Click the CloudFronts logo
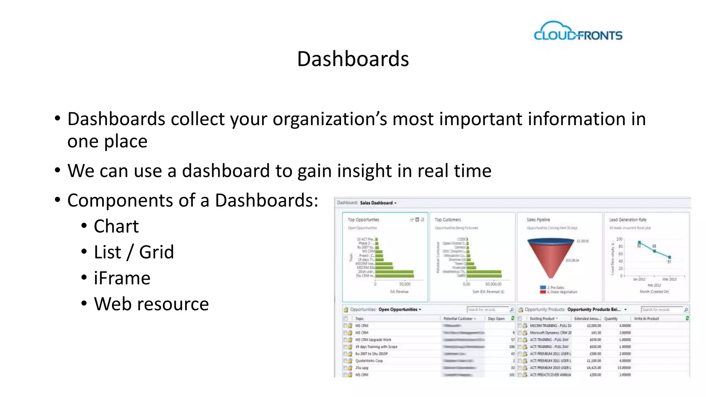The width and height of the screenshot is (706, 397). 578,32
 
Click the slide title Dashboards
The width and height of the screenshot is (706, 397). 353,59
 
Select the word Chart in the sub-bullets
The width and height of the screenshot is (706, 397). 116,226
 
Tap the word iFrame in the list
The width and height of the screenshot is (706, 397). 122,278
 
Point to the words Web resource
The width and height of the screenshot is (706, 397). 151,304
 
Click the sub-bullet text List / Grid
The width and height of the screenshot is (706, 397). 134,252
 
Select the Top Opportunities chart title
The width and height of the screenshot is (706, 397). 363,220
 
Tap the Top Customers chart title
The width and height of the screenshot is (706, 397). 447,220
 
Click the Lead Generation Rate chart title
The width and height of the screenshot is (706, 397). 627,220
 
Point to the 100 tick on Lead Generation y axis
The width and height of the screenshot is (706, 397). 619,239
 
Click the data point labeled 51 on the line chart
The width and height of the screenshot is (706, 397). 669,257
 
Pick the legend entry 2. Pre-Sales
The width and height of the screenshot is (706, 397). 555,287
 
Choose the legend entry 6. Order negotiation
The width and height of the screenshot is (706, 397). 562,292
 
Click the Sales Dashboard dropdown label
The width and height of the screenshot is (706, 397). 378,203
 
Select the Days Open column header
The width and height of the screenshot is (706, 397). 496,319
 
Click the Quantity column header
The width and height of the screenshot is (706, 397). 611,319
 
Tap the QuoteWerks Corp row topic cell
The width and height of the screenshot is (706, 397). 369,361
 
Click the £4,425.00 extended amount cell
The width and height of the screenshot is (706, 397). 594,368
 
